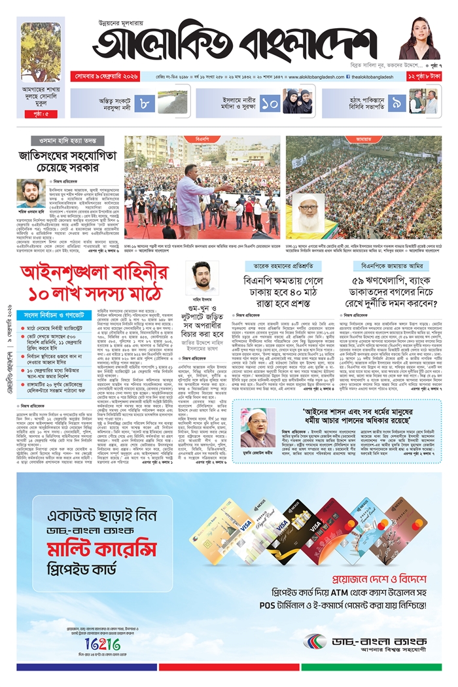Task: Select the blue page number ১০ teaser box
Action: click(x=270, y=101)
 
